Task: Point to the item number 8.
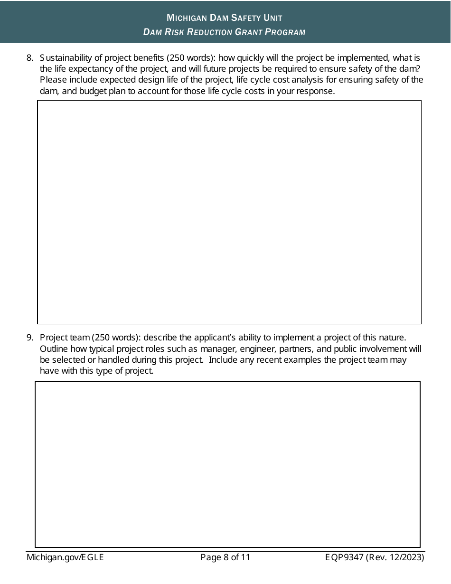[x=29, y=58]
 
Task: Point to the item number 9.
[x=29, y=338]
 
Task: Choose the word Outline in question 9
[x=54, y=349]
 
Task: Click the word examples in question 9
[x=304, y=360]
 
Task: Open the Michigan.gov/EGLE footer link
[x=65, y=557]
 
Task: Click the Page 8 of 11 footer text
[x=225, y=557]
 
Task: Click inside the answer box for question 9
[x=228, y=464]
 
